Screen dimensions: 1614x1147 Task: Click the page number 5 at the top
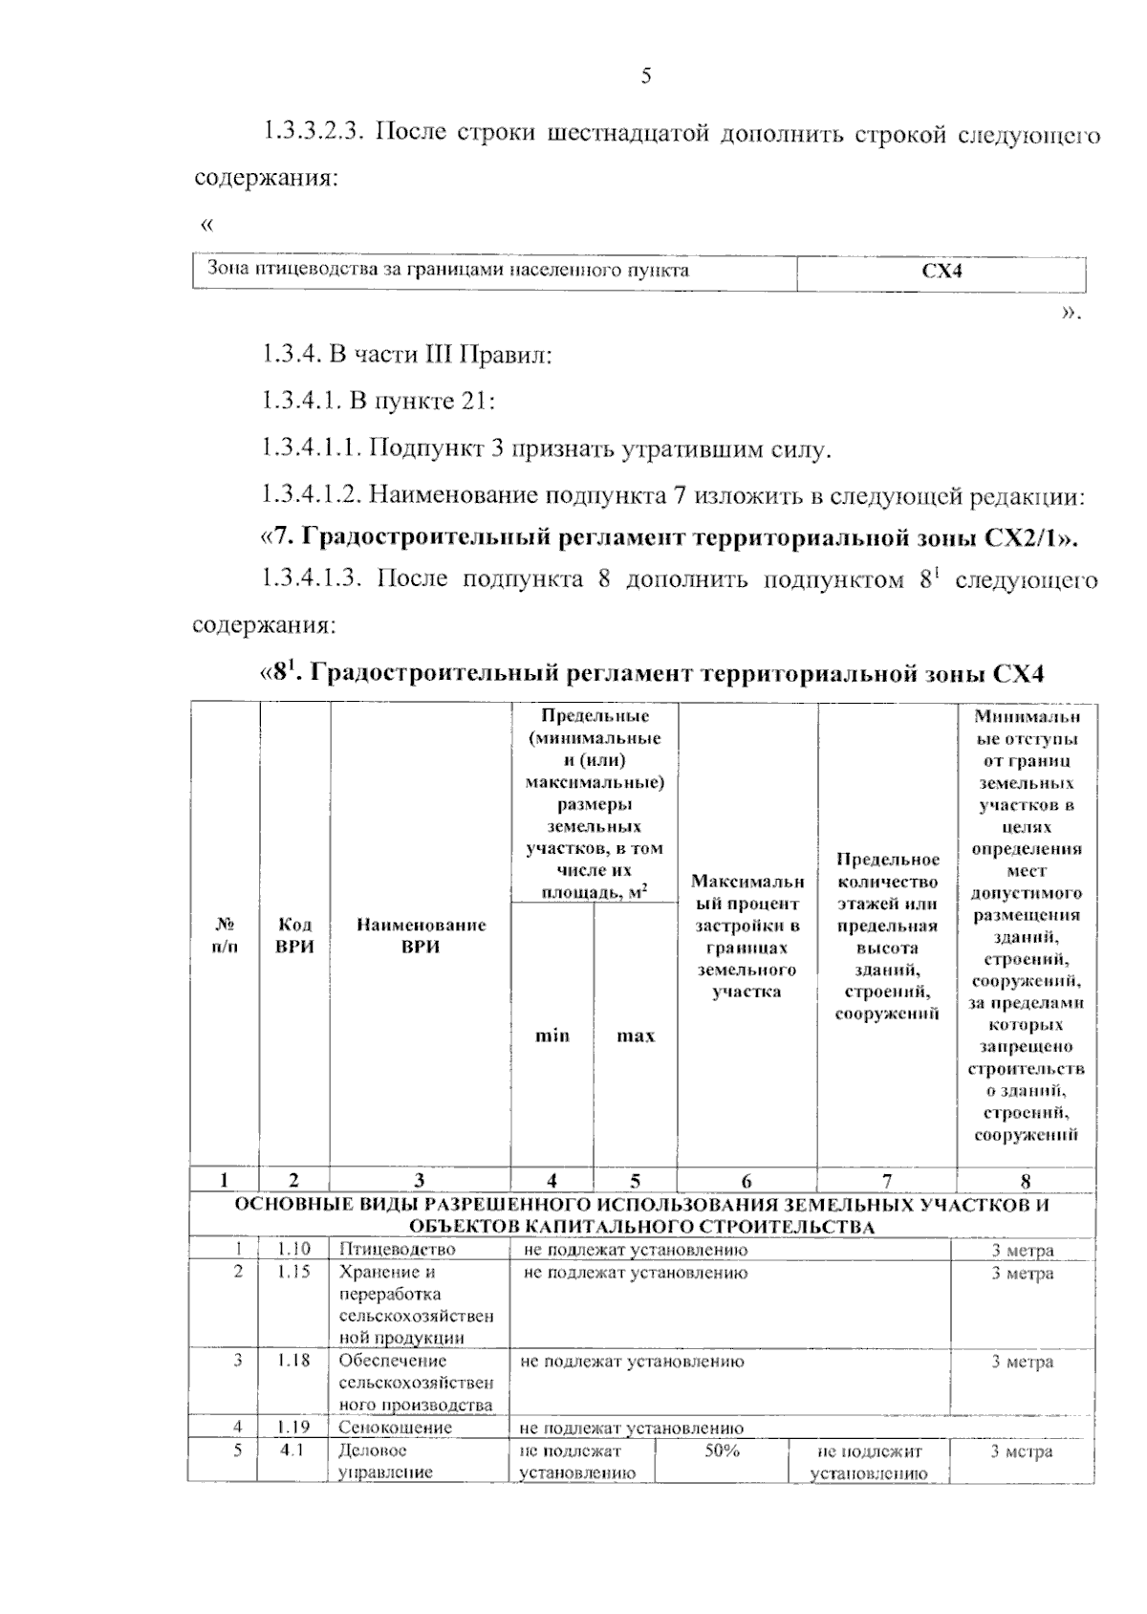coord(646,76)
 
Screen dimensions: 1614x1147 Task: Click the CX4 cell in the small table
coord(941,272)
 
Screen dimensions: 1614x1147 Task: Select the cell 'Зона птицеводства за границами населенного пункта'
coord(448,270)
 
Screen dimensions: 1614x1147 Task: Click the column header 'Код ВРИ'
coord(294,936)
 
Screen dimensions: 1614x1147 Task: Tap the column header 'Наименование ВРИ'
coord(421,936)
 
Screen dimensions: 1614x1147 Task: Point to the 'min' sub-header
coord(552,1036)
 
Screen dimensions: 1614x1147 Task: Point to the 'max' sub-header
coord(636,1036)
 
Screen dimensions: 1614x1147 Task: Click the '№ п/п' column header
coord(225,936)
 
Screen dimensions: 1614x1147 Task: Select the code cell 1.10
coord(294,1250)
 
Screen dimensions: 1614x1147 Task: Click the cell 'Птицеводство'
coord(398,1250)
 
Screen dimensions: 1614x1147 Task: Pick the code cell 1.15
coord(294,1273)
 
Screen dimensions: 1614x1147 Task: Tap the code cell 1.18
coord(294,1361)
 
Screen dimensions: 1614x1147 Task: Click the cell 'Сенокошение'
coord(396,1428)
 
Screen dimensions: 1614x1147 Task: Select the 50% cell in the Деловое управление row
coord(723,1451)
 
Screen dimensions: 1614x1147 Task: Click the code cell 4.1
coord(292,1450)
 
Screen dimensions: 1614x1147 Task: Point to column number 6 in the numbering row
coord(747,1182)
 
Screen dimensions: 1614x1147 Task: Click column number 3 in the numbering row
coord(420,1182)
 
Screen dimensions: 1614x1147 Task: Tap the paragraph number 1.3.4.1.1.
coord(312,447)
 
